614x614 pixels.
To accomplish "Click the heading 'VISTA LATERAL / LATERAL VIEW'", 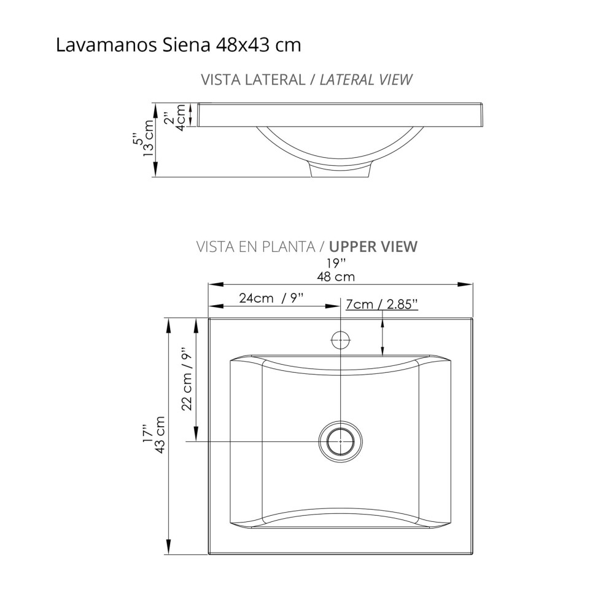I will tap(306, 80).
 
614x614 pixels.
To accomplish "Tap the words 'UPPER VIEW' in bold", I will tap(373, 247).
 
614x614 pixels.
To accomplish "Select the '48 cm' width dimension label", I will tap(335, 276).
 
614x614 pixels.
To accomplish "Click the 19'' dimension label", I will tap(336, 263).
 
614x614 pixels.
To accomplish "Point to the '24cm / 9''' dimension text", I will tap(272, 299).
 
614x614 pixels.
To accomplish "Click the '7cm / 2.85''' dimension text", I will tap(382, 305).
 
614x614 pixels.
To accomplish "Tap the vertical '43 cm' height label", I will tap(161, 435).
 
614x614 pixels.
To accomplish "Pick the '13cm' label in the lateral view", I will tap(148, 139).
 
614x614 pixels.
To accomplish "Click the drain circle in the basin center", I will tap(340, 441).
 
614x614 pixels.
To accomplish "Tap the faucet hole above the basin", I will tap(340, 339).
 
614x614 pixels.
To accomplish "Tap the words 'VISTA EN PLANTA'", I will tap(255, 247).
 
